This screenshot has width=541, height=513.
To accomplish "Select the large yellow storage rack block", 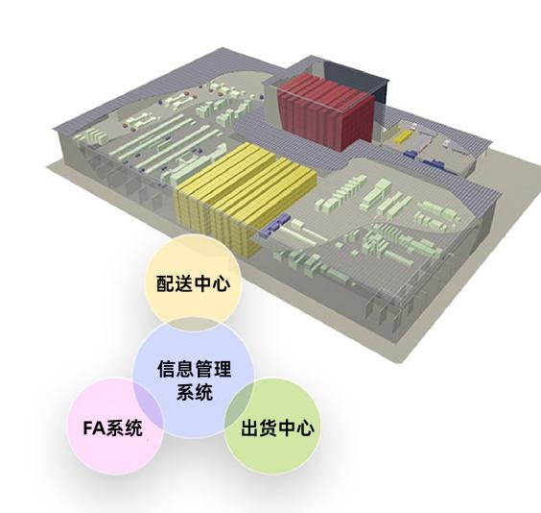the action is pyautogui.click(x=245, y=197).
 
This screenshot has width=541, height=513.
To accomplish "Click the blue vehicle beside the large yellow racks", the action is pyautogui.click(x=275, y=225).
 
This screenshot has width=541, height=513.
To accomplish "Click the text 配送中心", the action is pyautogui.click(x=193, y=283).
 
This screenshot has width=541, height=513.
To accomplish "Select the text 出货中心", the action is pyautogui.click(x=278, y=427).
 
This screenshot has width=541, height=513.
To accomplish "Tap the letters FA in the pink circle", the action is pyautogui.click(x=94, y=428).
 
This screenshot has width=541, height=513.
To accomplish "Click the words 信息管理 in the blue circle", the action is pyautogui.click(x=195, y=368).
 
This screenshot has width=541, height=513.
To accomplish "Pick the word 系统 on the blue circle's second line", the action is pyautogui.click(x=195, y=392).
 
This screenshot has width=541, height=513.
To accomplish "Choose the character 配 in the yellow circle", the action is pyautogui.click(x=166, y=283).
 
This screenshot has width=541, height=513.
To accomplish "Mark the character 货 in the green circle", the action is pyautogui.click(x=269, y=427).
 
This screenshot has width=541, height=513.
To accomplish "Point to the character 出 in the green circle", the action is pyautogui.click(x=250, y=427).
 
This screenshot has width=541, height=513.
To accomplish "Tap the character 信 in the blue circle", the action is pyautogui.click(x=167, y=368).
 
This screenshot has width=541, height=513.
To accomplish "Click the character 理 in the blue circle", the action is pyautogui.click(x=223, y=368).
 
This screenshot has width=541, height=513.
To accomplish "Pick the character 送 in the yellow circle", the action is pyautogui.click(x=184, y=283).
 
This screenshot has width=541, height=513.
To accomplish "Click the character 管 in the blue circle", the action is pyautogui.click(x=203, y=368).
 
